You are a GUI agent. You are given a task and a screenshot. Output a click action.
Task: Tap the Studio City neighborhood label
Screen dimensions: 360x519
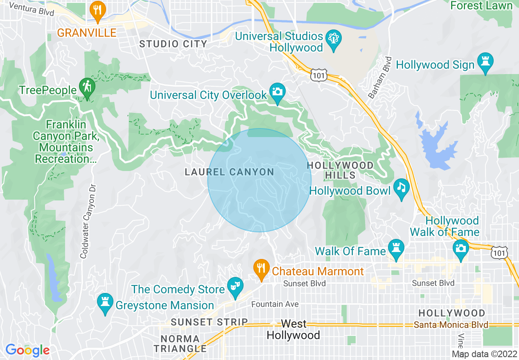[173, 44]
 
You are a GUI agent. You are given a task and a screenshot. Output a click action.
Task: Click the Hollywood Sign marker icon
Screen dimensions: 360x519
[485, 61]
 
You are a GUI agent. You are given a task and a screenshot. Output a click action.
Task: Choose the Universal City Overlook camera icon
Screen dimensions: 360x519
[277, 92]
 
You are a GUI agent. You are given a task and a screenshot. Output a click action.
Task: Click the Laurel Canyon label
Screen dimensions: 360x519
[229, 172]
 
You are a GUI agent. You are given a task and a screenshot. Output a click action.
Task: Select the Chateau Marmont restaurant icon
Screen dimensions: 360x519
[261, 268]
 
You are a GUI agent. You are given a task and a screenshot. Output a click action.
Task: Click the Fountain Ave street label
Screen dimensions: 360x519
[275, 304]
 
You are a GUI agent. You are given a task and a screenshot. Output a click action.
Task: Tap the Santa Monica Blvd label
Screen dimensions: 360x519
[451, 325]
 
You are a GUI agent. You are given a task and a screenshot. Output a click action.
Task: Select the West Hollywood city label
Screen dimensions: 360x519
[293, 330]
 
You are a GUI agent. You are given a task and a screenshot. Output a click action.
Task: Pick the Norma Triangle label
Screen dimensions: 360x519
[183, 344]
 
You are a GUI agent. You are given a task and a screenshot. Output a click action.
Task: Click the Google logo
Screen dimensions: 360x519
[27, 350]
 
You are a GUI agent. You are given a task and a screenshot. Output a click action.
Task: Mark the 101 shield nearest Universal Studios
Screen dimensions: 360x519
[318, 75]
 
